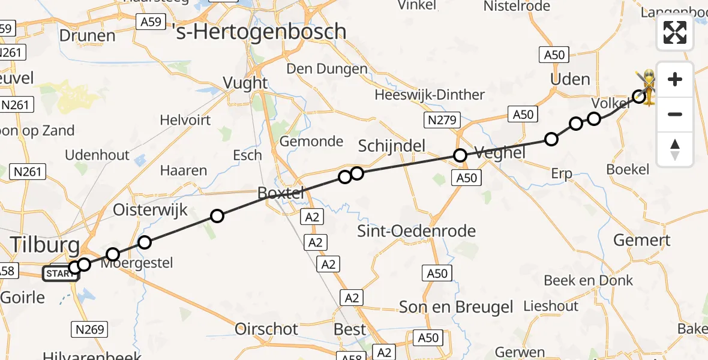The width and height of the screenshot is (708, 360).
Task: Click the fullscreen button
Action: click(x=675, y=32)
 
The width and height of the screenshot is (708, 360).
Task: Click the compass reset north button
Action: click(x=675, y=149)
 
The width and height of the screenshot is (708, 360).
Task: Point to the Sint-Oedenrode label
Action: click(x=416, y=231)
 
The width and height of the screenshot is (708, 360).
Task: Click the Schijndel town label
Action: click(x=392, y=146)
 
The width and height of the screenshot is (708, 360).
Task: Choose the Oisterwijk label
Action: click(x=151, y=210)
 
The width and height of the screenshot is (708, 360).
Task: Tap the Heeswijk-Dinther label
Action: click(x=430, y=95)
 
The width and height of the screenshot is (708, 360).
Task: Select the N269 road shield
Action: click(x=90, y=329)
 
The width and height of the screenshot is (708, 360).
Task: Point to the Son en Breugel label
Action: click(x=456, y=307)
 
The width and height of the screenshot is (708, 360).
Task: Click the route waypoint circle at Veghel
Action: click(x=460, y=156)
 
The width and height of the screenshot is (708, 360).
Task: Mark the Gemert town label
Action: click(x=641, y=241)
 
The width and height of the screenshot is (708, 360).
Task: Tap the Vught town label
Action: click(x=245, y=83)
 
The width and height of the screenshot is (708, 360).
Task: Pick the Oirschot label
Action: click(x=266, y=329)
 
